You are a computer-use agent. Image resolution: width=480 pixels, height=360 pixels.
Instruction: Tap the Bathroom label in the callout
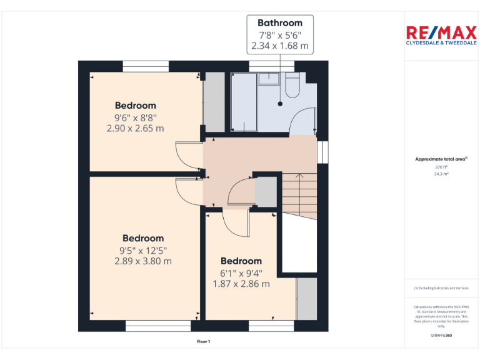pos(280,23)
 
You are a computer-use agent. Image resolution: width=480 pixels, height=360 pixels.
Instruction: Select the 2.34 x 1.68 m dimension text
pos(280,46)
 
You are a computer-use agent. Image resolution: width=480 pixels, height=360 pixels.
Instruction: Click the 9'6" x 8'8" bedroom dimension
pos(135,117)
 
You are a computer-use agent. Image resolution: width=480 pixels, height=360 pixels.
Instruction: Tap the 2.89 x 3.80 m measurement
pos(143,261)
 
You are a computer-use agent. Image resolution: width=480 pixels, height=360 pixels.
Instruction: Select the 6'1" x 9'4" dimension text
pos(241,272)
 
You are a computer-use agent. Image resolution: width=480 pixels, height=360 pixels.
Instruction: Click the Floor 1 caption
pos(203,341)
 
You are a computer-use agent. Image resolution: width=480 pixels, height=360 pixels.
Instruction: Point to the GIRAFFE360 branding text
pos(441,336)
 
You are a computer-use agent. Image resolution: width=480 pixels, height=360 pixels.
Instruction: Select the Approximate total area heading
pos(441,159)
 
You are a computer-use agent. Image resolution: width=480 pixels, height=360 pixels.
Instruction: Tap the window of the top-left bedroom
pos(146,65)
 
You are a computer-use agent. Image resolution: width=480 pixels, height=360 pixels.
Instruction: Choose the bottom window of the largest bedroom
pos(158,326)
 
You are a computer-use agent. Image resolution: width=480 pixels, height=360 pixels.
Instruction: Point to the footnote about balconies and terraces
pos(441,287)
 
